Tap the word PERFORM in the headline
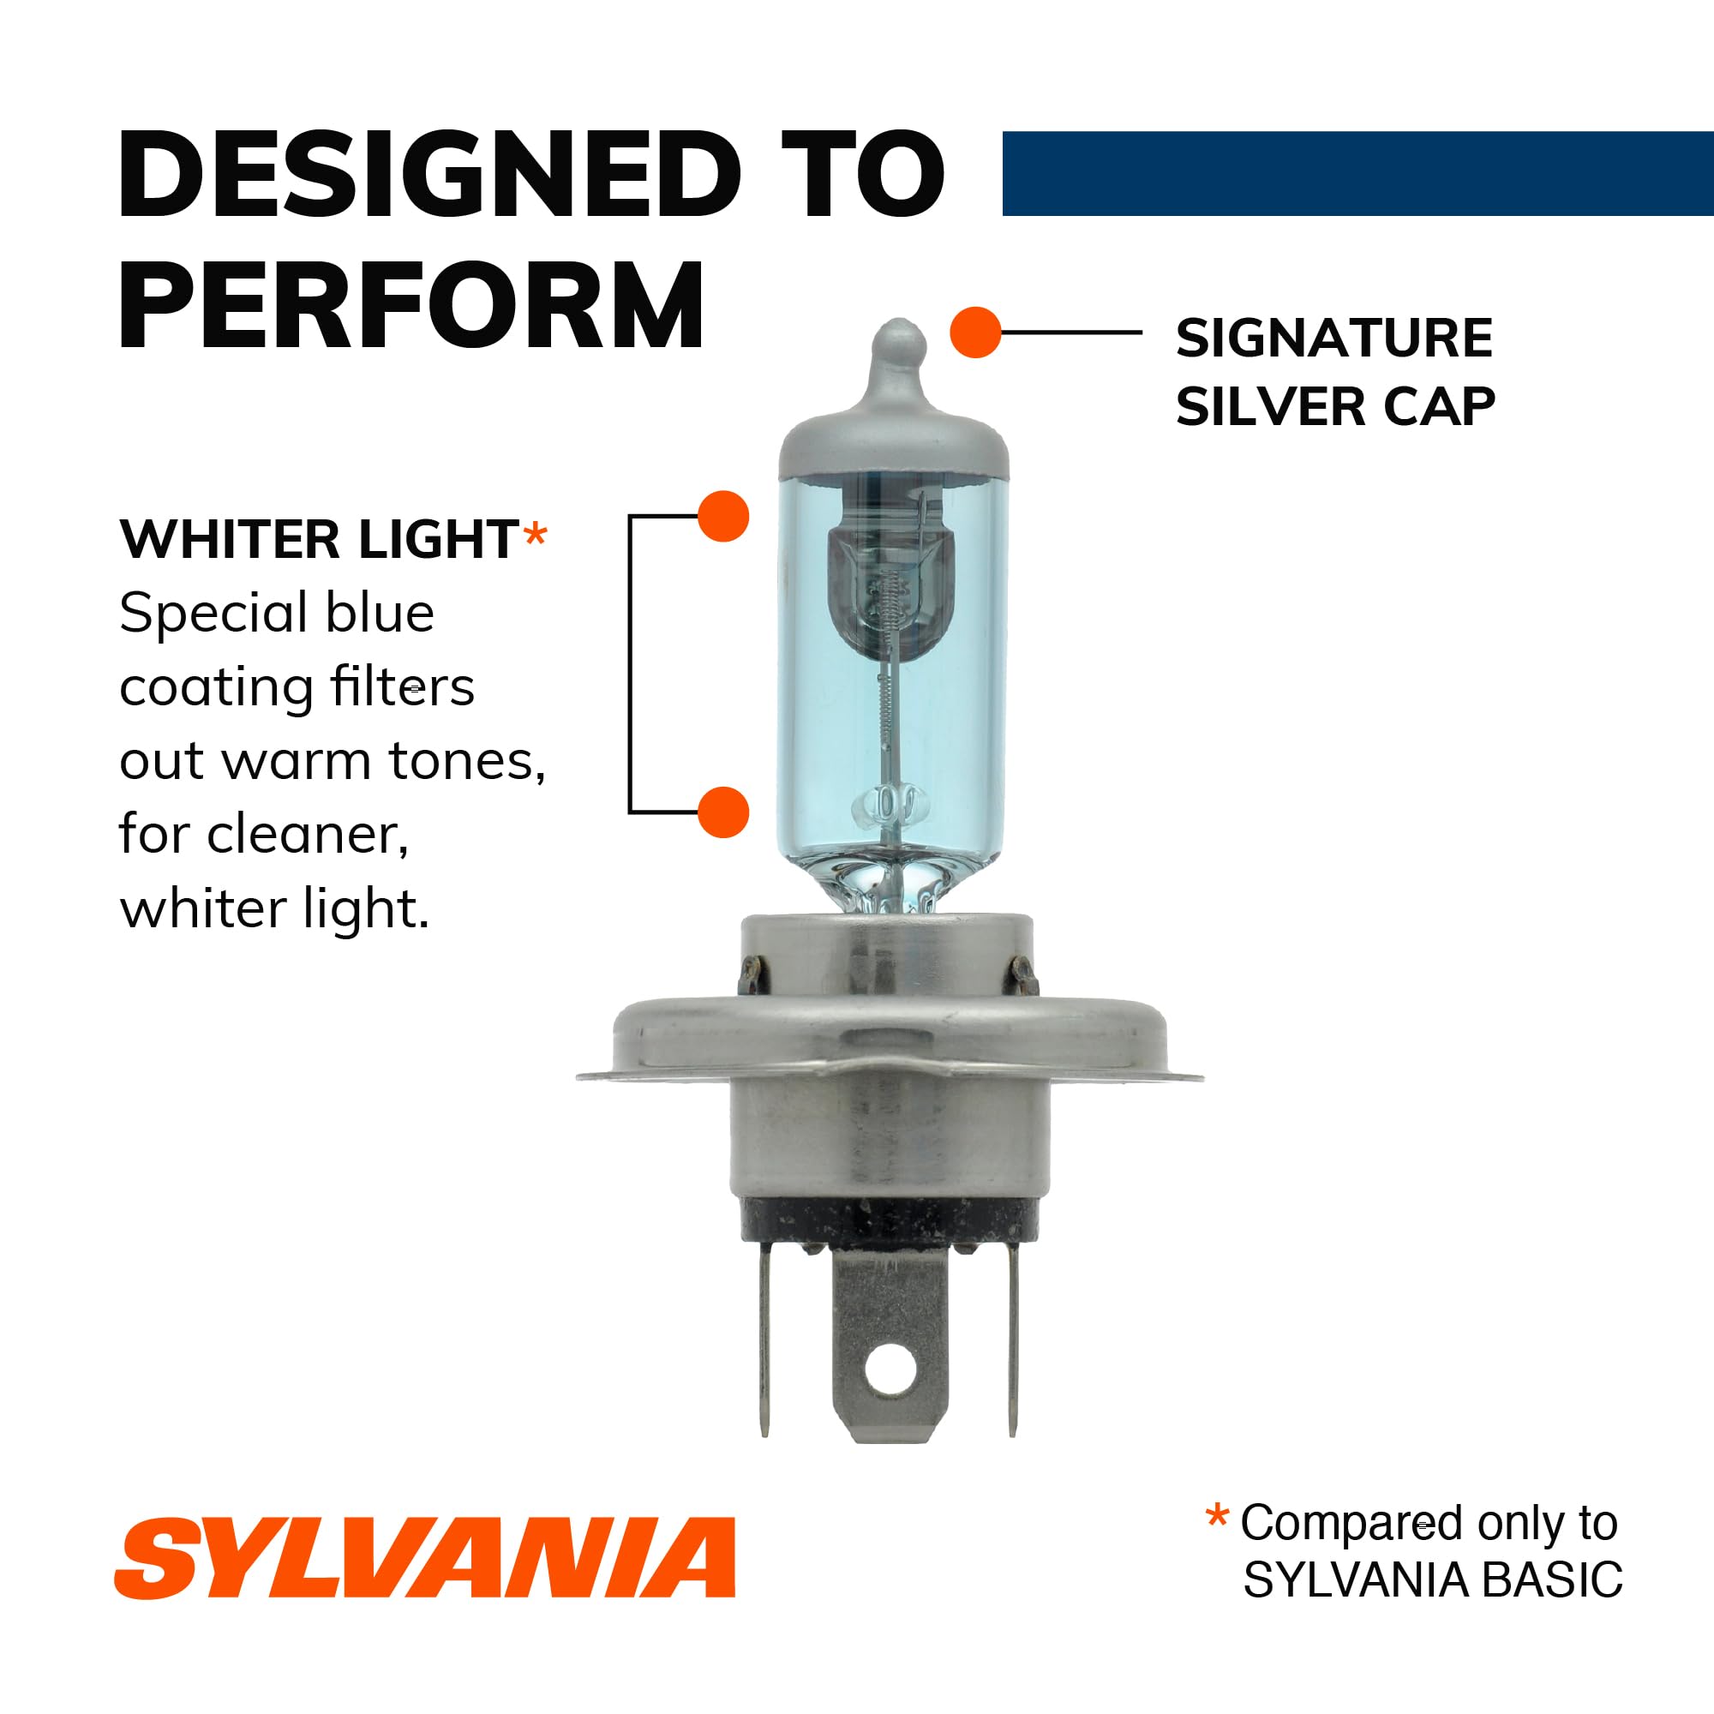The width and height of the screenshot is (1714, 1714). click(411, 306)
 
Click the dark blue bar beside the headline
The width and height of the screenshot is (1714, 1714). click(1357, 174)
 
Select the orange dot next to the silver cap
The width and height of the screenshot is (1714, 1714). click(975, 333)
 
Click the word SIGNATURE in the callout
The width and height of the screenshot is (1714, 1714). click(1334, 339)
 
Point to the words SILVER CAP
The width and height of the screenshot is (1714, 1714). click(1335, 407)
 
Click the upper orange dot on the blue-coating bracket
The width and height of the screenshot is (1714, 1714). click(723, 516)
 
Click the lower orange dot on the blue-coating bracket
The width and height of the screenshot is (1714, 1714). click(723, 812)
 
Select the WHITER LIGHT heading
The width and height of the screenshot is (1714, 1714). click(320, 538)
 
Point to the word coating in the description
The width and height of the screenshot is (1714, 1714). click(216, 687)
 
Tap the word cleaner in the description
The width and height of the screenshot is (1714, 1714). click(307, 835)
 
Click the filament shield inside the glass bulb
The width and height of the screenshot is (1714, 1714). click(890, 585)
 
